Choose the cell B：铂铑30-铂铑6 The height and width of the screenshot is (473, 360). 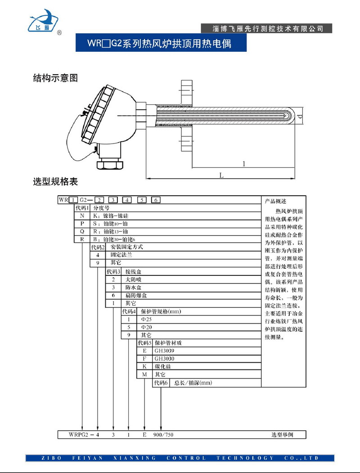click(x=117, y=239)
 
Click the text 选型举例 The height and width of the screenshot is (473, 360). click(x=282, y=435)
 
